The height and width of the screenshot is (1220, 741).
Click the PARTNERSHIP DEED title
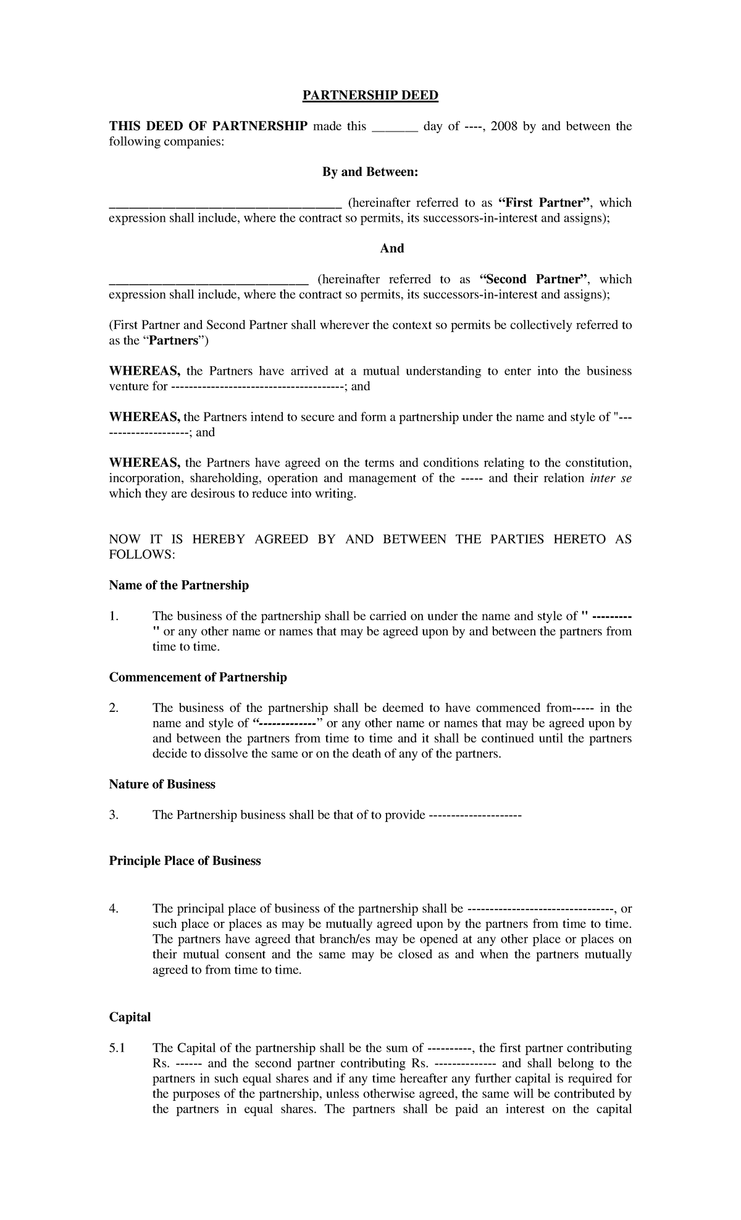click(x=370, y=96)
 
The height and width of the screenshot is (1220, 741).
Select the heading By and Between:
click(x=370, y=172)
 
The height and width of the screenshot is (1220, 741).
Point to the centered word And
click(x=391, y=249)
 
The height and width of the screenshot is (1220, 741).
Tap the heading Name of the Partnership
click(x=178, y=585)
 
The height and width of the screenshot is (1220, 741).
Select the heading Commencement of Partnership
click(x=198, y=677)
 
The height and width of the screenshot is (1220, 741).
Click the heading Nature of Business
click(x=162, y=784)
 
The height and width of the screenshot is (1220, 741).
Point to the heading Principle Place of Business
click(x=185, y=861)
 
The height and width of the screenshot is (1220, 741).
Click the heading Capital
click(x=130, y=1017)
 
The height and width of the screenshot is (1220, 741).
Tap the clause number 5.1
click(x=117, y=1048)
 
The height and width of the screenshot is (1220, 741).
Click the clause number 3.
click(x=113, y=815)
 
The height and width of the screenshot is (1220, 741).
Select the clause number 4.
click(x=113, y=909)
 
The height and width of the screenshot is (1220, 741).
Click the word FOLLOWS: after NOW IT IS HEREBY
click(x=142, y=554)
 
